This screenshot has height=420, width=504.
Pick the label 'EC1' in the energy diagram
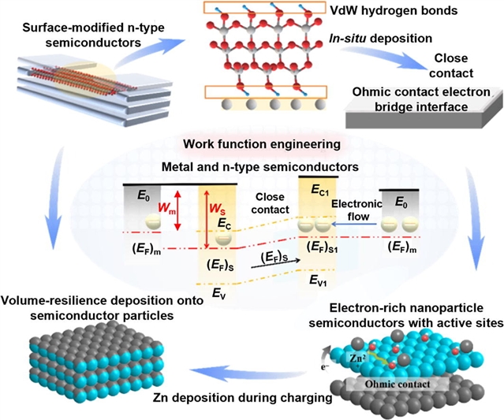321,190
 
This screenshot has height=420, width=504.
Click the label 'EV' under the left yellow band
217,292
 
